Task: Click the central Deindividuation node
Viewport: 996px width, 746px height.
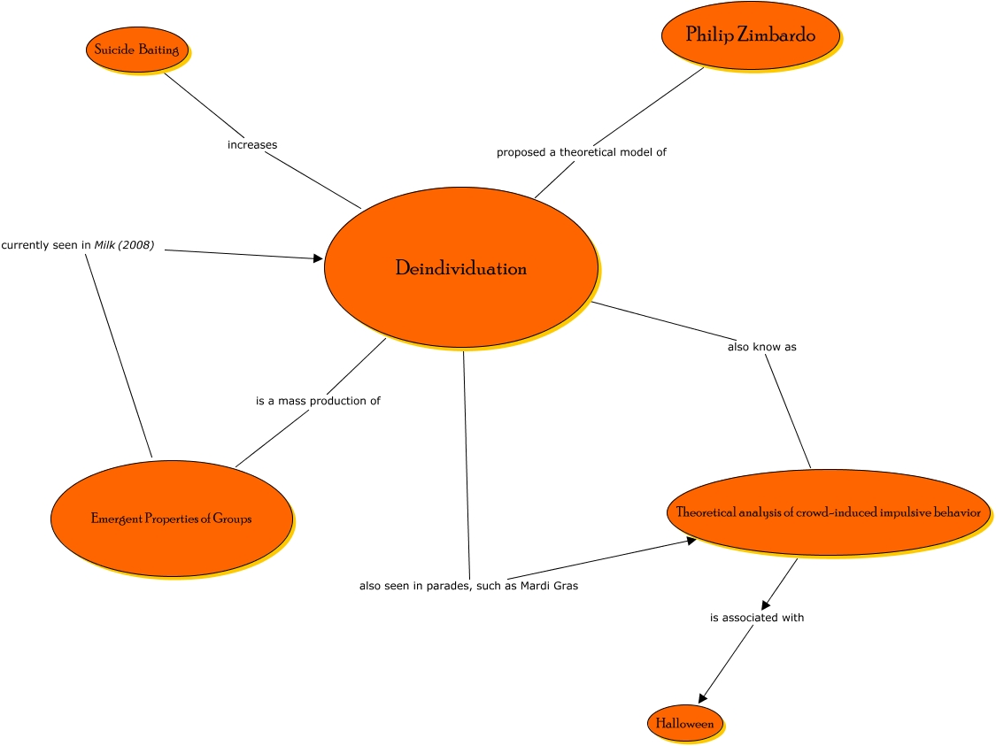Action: click(460, 268)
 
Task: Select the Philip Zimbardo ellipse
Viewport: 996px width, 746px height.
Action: click(750, 35)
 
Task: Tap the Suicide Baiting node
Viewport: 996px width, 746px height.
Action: click(136, 50)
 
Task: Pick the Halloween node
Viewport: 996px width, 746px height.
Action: click(684, 724)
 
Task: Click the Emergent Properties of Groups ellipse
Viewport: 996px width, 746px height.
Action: click(171, 519)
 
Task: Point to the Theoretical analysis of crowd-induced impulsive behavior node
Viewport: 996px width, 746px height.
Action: click(828, 512)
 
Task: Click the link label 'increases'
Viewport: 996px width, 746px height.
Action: click(252, 144)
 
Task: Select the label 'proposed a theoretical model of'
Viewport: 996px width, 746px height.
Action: click(581, 152)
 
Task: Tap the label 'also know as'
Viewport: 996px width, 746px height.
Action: click(761, 347)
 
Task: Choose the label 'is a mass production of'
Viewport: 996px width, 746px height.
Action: click(318, 401)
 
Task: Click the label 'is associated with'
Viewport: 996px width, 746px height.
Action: click(757, 618)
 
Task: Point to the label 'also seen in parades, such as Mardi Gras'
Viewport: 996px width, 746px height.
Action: click(468, 586)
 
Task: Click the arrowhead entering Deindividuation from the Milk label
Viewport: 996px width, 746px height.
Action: click(319, 258)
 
